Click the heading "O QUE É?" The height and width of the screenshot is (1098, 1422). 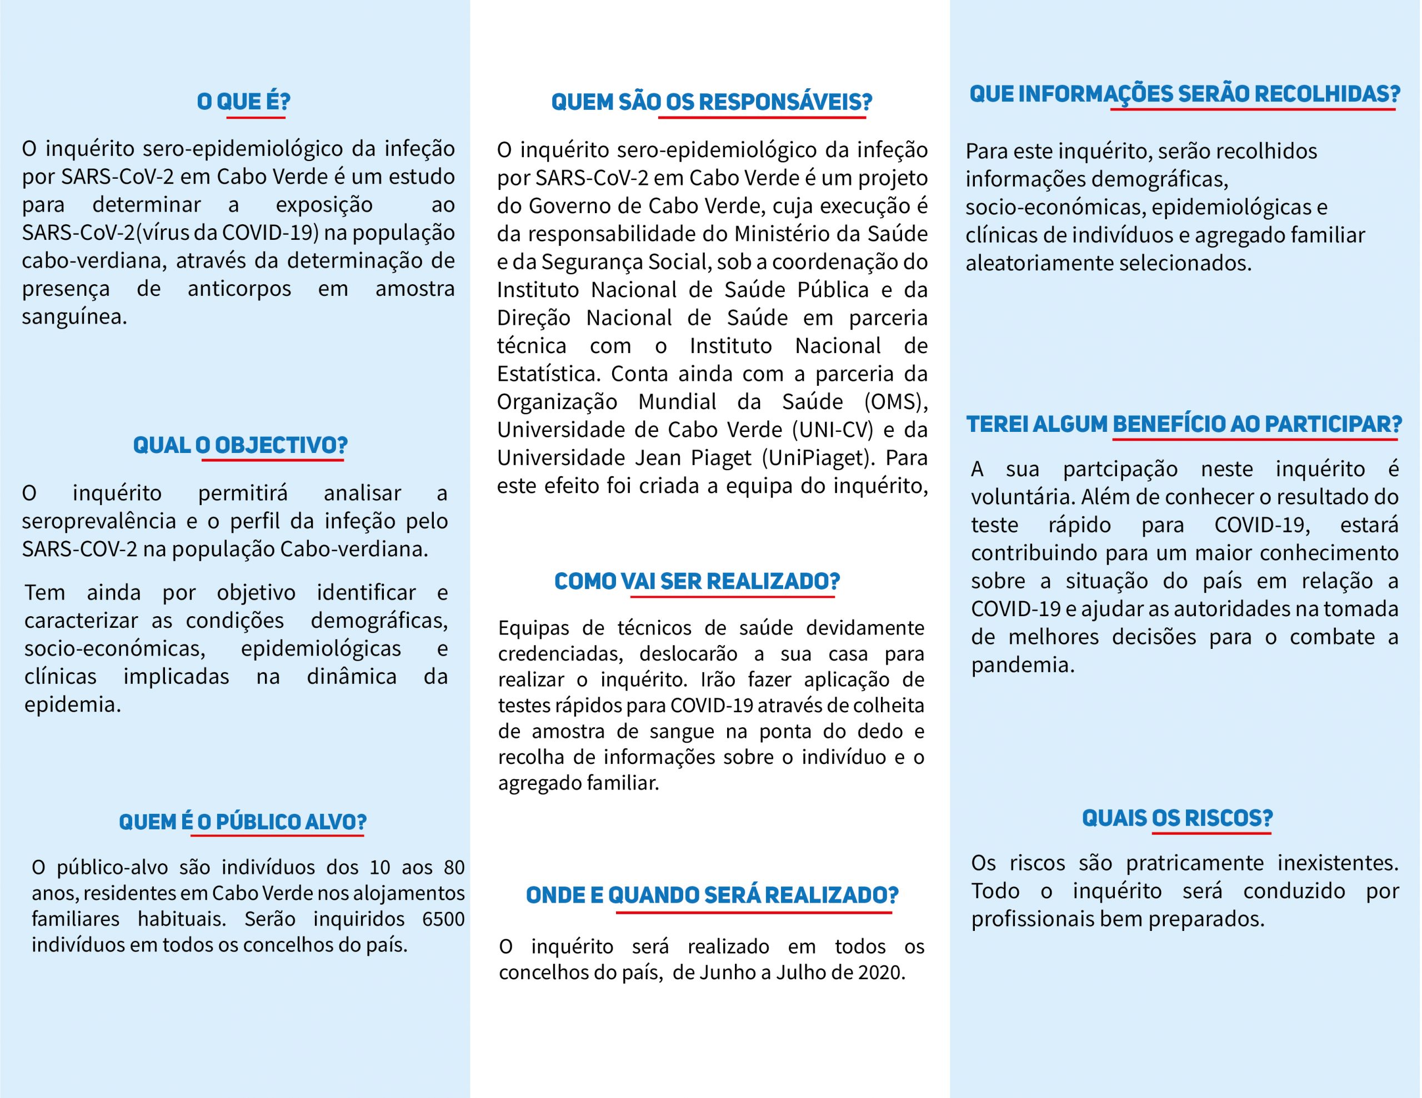tap(243, 102)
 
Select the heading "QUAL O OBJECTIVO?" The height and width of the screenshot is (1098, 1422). tap(241, 445)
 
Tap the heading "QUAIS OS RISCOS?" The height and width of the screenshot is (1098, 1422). tap(1177, 818)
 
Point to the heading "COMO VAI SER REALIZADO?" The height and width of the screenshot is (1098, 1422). tap(697, 581)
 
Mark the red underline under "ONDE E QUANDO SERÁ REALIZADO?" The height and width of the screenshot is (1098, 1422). tap(753, 913)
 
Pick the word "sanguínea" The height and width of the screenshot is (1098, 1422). tap(73, 317)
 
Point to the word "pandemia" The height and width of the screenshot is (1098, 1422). tap(1022, 665)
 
